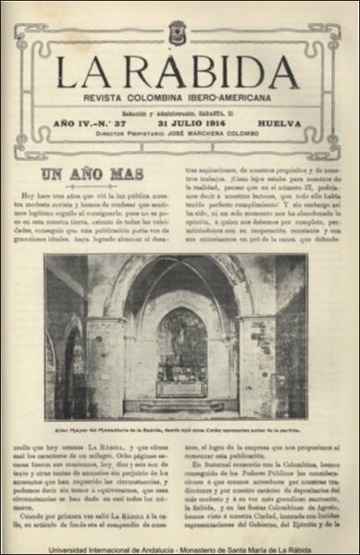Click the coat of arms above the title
click(x=177, y=32)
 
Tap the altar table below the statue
click(x=180, y=387)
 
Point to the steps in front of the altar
click(x=180, y=406)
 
